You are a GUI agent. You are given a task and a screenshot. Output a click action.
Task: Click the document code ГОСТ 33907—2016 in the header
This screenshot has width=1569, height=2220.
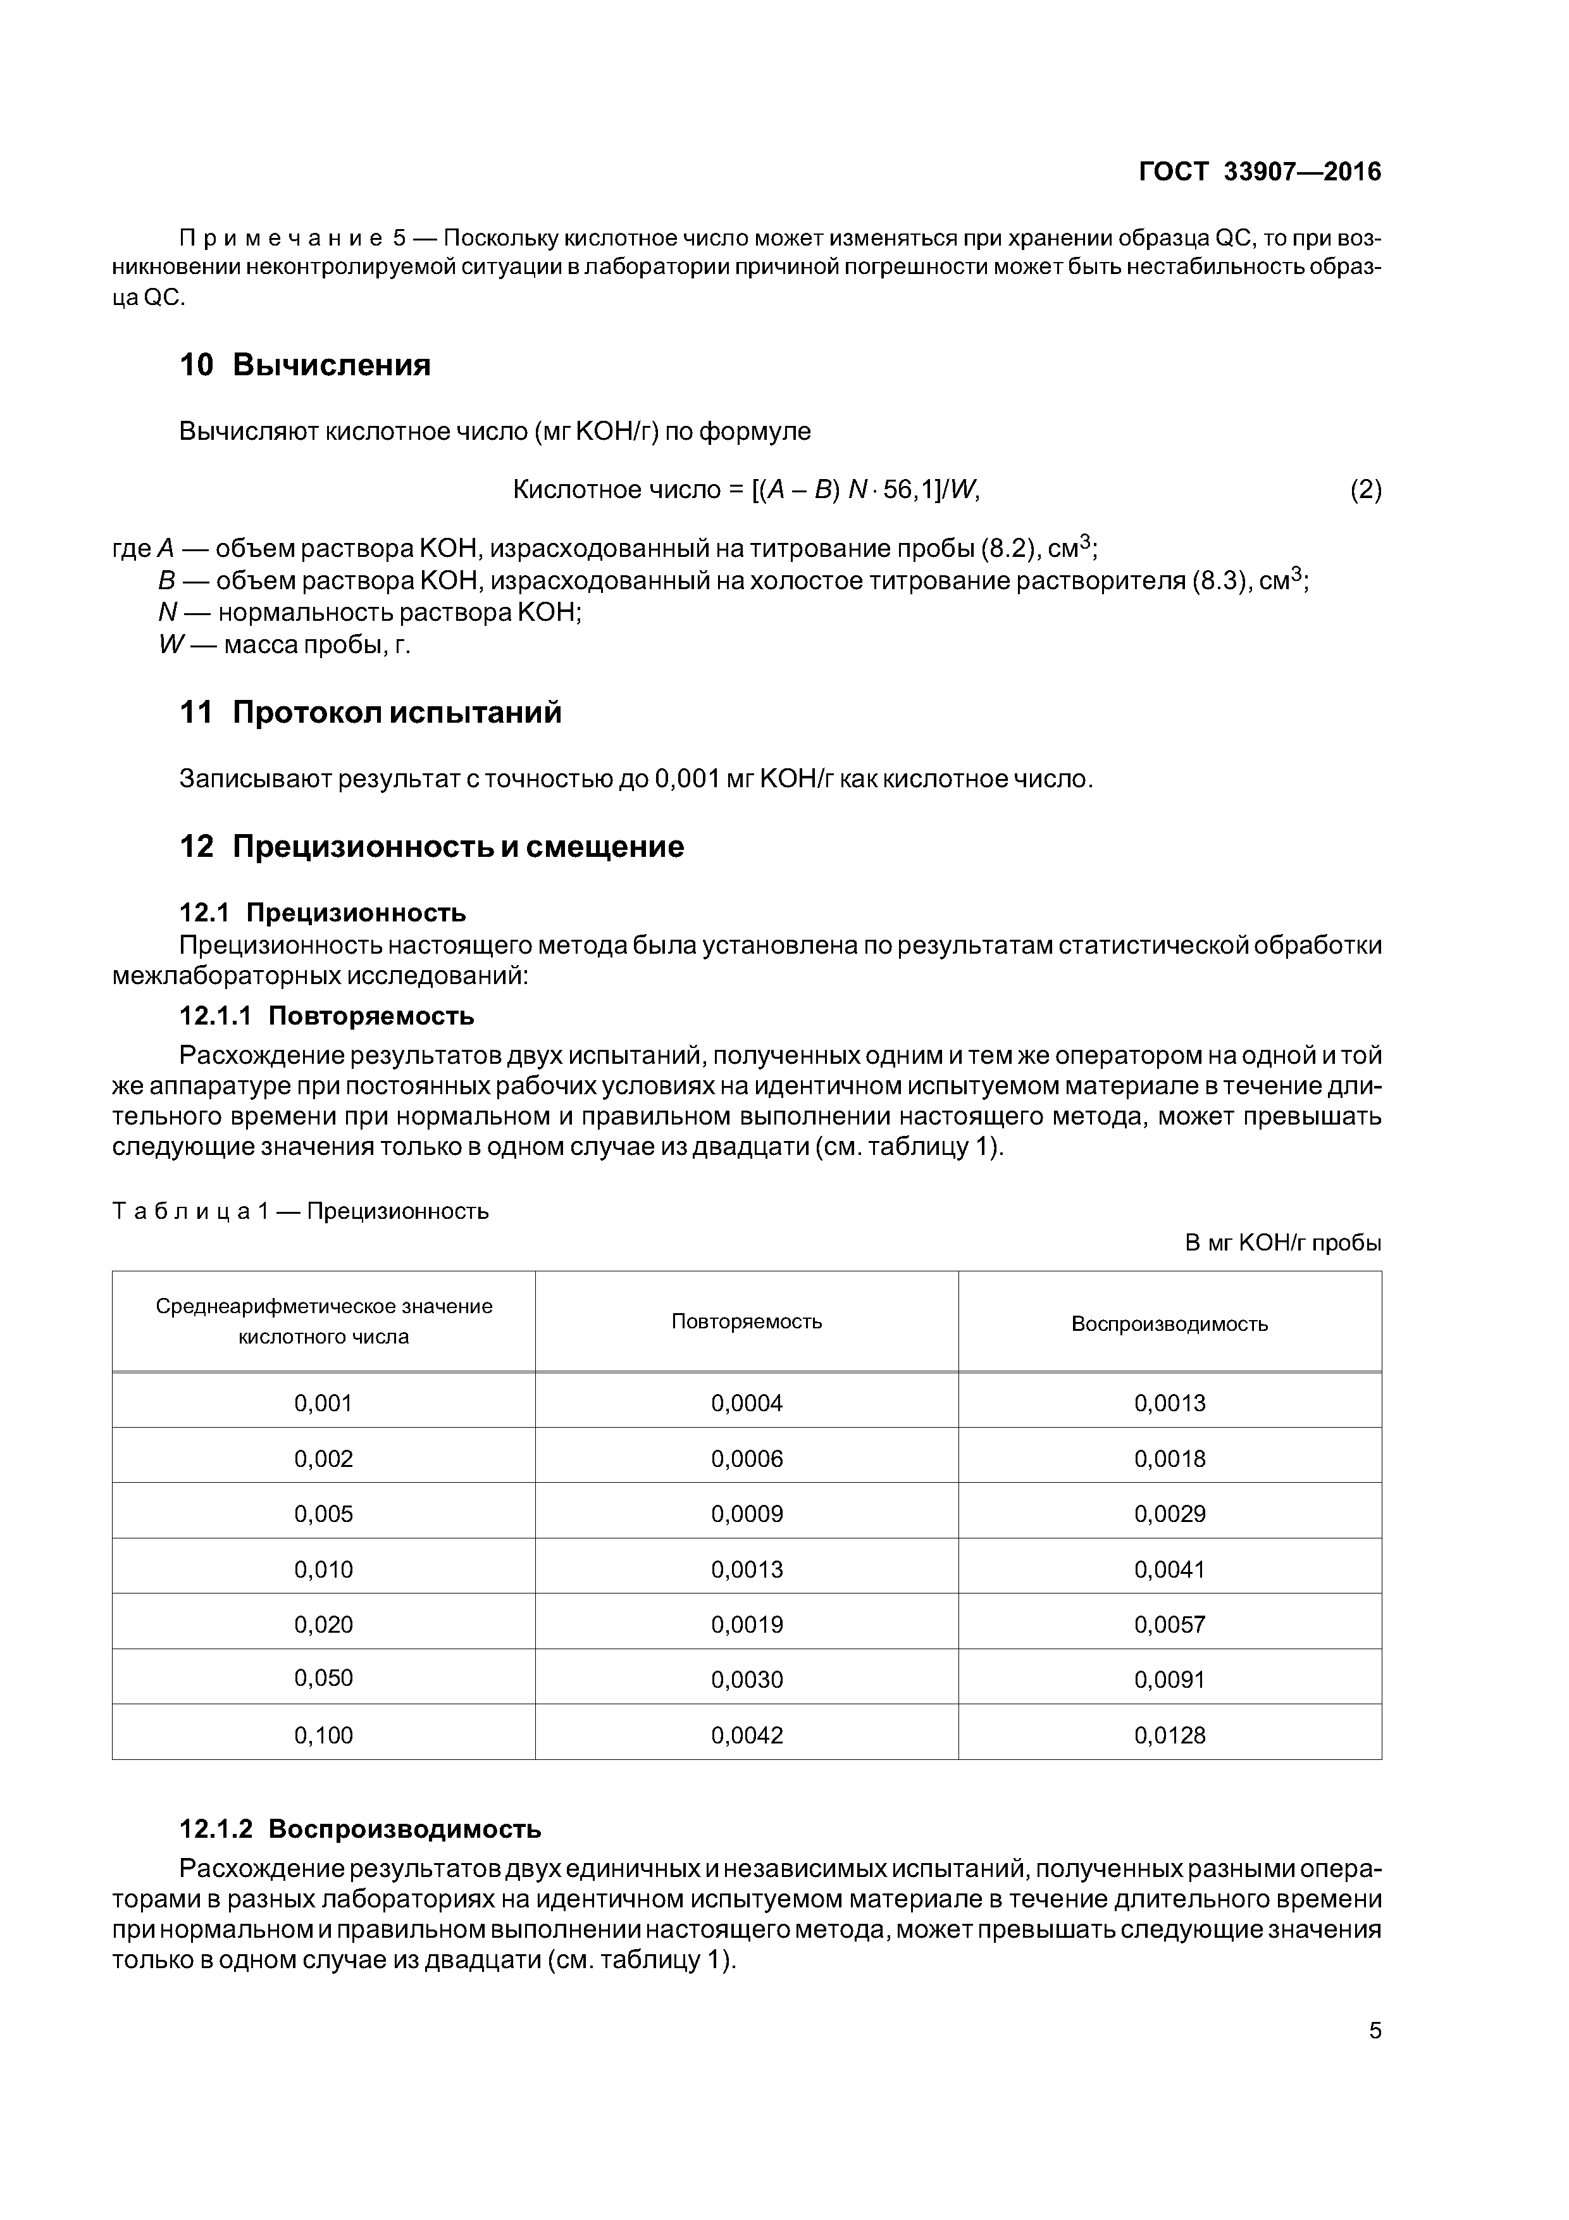1260,172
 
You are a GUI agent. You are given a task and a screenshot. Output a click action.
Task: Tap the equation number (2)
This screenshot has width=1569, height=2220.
1365,490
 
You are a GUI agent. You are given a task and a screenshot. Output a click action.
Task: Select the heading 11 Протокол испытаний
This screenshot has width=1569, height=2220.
370,713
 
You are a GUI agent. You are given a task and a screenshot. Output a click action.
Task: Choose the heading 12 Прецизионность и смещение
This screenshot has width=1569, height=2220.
431,847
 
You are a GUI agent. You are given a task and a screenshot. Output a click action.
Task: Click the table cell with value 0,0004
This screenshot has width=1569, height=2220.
747,1403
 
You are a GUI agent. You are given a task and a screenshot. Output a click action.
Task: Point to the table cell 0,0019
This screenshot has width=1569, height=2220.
747,1624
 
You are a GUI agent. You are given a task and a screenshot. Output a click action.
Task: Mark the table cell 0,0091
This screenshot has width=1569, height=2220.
1170,1680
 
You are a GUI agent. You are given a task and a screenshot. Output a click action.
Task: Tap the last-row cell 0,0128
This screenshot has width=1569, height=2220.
1170,1736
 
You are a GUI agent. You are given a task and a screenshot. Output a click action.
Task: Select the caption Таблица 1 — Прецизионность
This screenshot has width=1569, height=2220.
301,1211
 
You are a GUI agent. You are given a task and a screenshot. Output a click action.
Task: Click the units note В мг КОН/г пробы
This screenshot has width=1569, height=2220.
1283,1244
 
